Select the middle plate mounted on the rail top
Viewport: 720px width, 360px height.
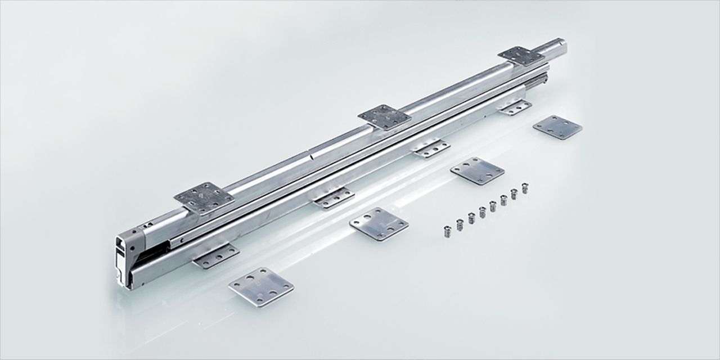pos(385,117)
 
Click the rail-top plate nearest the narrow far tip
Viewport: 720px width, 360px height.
pos(521,56)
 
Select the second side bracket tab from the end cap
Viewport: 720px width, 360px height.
pos(334,197)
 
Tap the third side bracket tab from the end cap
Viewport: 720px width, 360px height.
pos(431,147)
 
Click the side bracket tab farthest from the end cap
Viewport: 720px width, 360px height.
pos(515,107)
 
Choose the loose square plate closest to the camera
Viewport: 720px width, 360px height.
pos(262,286)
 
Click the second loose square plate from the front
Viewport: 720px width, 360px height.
pos(379,224)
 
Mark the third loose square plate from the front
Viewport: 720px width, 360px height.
pos(477,170)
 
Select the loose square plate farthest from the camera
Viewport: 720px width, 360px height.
pos(557,127)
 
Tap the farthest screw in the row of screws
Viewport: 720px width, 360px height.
pos(525,188)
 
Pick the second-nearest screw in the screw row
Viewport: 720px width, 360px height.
pos(460,224)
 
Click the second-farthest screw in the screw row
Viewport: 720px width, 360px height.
pos(514,194)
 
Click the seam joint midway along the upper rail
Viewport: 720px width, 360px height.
pos(310,154)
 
